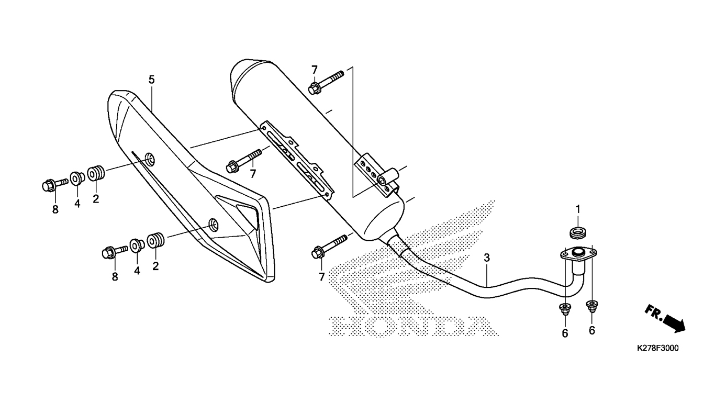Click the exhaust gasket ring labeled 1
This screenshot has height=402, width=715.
click(578, 231)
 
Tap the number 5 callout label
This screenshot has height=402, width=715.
click(151, 80)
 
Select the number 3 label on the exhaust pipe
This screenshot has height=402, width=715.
click(487, 258)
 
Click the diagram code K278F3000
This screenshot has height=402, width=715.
click(657, 349)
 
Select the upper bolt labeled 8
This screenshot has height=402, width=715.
click(52, 184)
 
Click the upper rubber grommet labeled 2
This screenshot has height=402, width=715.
click(95, 173)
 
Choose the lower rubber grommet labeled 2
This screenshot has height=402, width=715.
click(155, 241)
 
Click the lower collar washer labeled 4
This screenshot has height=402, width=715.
click(137, 245)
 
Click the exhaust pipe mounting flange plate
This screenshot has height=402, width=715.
click(578, 254)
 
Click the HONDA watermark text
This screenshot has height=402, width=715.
click(408, 326)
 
